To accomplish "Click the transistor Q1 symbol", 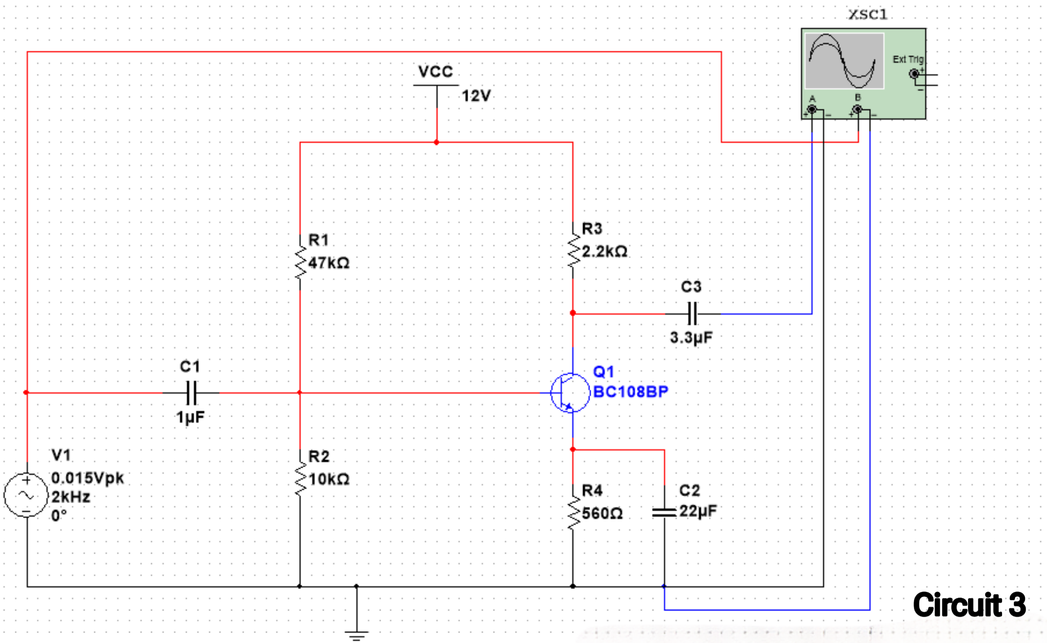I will coord(570,393).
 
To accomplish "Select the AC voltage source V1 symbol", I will coord(26,495).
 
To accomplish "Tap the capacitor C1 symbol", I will coord(191,393).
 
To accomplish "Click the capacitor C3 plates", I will coord(692,314).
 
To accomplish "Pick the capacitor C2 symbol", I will coord(664,513).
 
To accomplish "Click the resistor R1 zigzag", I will coord(300,262).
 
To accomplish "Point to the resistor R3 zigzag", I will coord(573,251).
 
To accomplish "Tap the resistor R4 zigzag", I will coord(573,513).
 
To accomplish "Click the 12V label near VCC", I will coord(476,96).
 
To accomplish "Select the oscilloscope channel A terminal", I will coord(812,110).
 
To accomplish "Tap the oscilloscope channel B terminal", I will coord(858,110).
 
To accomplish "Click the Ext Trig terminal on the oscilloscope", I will coord(914,74).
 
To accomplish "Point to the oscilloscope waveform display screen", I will coord(844,61).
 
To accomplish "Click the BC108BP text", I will coord(630,392).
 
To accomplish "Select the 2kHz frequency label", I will coord(71,497).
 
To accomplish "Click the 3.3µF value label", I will coord(691,338).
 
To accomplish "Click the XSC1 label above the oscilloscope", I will coord(867,14).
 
